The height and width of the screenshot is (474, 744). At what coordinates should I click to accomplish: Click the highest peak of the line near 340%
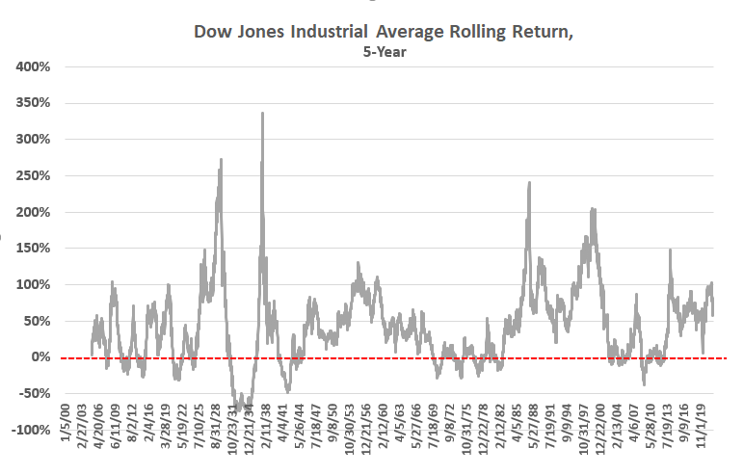click(x=263, y=114)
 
